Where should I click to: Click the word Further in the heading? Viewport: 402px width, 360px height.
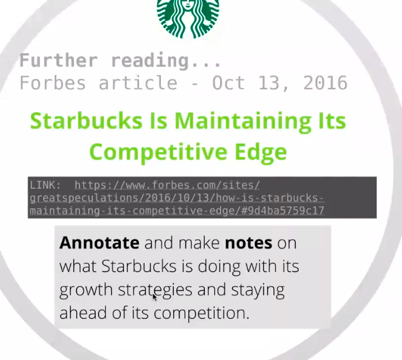pyautogui.click(x=58, y=60)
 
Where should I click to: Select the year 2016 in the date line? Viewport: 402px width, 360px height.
pyautogui.click(x=325, y=83)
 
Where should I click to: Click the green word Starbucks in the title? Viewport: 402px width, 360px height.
pyautogui.click(x=87, y=121)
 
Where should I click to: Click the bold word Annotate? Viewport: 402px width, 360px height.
pyautogui.click(x=99, y=243)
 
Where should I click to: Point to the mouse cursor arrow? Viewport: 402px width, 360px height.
pyautogui.click(x=154, y=297)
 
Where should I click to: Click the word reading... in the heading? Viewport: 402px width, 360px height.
pyautogui.click(x=167, y=60)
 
